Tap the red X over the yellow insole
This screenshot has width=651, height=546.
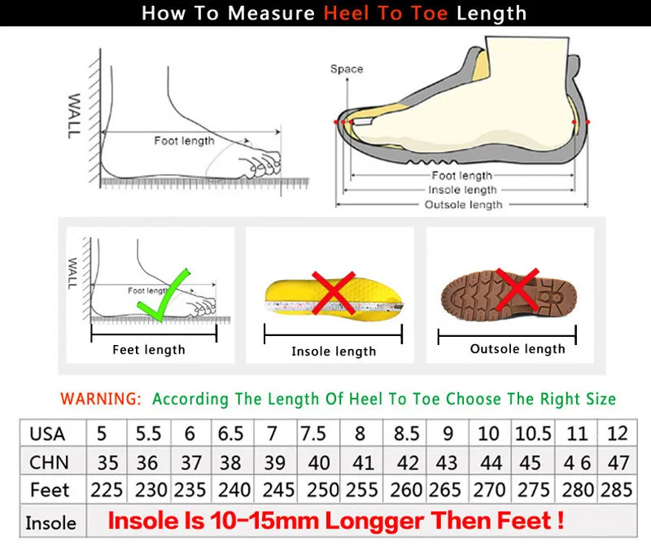pyautogui.click(x=334, y=293)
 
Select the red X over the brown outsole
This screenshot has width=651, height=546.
pyautogui.click(x=518, y=290)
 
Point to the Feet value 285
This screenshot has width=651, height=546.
pyautogui.click(x=617, y=490)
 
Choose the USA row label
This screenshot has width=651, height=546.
pyautogui.click(x=47, y=435)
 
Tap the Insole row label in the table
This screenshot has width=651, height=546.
pyautogui.click(x=50, y=522)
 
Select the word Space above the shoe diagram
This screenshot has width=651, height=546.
pyautogui.click(x=347, y=69)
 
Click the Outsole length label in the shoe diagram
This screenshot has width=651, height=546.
pyautogui.click(x=463, y=205)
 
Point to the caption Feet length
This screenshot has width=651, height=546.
pyautogui.click(x=149, y=350)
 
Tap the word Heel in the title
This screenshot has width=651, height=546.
pyautogui.click(x=347, y=13)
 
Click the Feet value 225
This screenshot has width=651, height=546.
pyautogui.click(x=107, y=490)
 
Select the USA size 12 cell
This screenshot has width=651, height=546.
pyautogui.click(x=617, y=434)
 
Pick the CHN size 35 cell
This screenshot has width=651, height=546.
pyautogui.click(x=107, y=462)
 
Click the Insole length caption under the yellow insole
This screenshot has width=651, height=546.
pyautogui.click(x=334, y=352)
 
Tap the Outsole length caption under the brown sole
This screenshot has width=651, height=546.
pyautogui.click(x=518, y=349)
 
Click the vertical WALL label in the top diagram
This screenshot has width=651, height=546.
pyautogui.click(x=73, y=116)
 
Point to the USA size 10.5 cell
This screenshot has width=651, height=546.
pyautogui.click(x=533, y=434)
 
